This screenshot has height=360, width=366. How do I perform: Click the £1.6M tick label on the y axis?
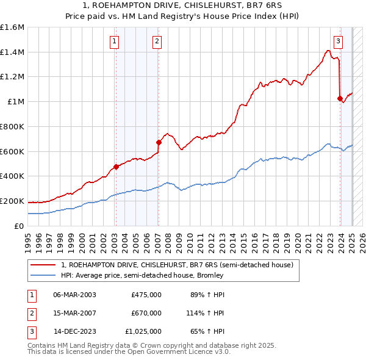click(12, 27)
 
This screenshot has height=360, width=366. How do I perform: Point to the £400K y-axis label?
click(12, 176)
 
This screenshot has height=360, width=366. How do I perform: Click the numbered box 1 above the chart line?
click(115, 41)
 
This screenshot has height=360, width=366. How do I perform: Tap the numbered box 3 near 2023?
click(339, 41)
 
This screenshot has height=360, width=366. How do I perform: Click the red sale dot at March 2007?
click(159, 143)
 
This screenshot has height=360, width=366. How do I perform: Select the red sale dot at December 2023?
click(340, 98)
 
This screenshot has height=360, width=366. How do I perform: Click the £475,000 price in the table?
click(146, 294)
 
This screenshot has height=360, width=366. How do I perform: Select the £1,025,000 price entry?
click(143, 332)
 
